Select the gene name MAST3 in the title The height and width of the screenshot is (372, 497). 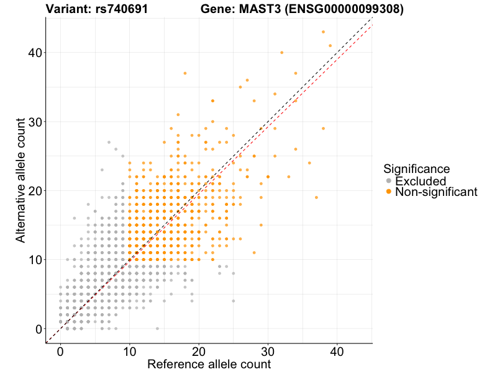(257, 9)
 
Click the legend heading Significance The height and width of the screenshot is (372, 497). (416, 168)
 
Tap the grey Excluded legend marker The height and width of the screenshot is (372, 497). (389, 181)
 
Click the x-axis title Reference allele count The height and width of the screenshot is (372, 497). (209, 364)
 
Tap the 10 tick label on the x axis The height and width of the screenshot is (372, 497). (129, 350)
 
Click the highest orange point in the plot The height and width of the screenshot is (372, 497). (323, 32)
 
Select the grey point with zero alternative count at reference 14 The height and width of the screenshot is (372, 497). (157, 329)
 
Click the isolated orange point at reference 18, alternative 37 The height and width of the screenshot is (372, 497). (185, 73)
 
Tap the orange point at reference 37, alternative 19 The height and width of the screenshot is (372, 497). (316, 197)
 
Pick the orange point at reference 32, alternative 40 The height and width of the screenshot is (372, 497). (282, 53)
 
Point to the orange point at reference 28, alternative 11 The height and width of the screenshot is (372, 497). (254, 252)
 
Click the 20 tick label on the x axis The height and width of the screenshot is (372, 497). (199, 350)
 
